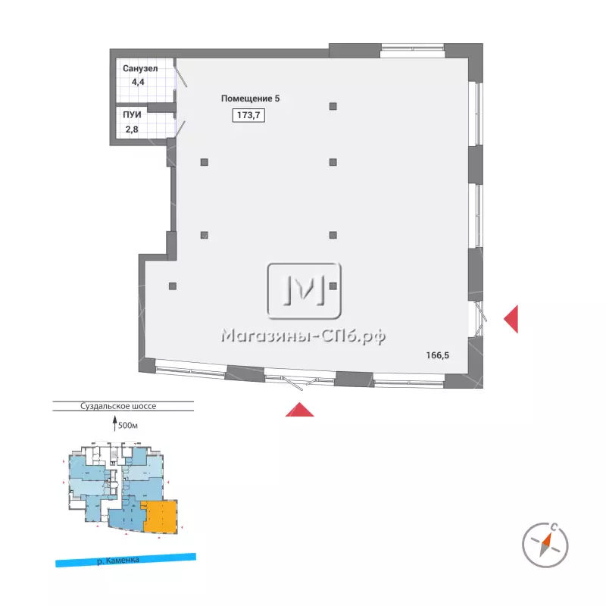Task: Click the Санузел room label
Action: pos(140,68)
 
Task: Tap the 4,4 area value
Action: pos(138,82)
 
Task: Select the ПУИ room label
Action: pos(132,115)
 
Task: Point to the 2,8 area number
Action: pos(132,129)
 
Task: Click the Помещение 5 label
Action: pos(250,98)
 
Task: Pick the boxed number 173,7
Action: pos(248,115)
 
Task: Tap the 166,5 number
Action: pos(438,355)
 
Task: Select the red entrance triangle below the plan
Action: pos(299,411)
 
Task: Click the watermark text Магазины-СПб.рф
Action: pos(304,336)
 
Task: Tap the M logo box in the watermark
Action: pos(305,291)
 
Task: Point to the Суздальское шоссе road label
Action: pos(118,406)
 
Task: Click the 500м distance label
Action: pos(128,426)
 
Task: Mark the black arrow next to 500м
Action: pos(114,423)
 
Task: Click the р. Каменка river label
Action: pos(118,560)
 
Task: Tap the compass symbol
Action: pos(545,545)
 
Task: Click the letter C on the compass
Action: pos(554,526)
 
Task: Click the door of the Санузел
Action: pos(180,77)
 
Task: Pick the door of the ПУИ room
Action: pos(180,129)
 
